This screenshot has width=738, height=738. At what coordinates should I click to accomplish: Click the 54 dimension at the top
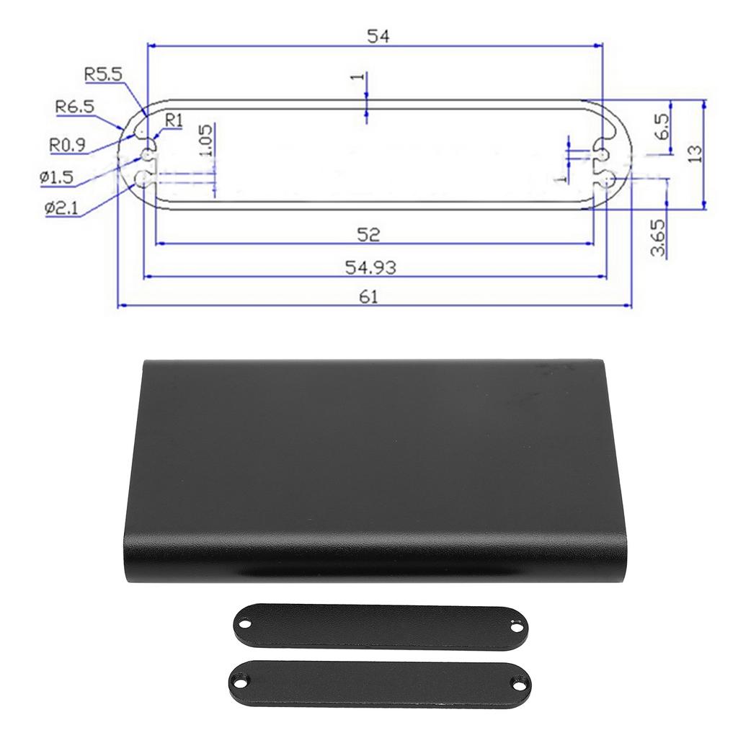click(378, 36)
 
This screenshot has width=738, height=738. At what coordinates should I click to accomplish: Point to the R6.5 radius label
click(75, 107)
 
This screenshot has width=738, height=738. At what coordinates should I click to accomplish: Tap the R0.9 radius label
click(68, 144)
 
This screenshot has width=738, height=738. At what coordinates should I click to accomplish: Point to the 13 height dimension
click(695, 154)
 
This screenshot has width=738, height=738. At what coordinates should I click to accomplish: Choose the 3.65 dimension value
click(657, 239)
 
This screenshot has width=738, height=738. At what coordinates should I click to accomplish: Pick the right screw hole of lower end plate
click(517, 679)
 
